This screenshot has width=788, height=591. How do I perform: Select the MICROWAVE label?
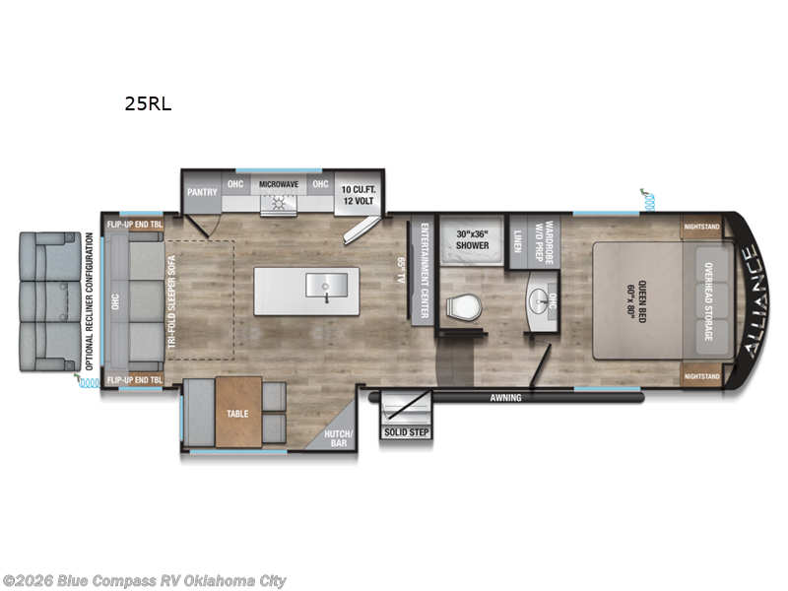278,185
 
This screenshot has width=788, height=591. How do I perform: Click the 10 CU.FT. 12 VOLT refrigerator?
360,193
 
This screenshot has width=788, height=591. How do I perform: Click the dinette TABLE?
237,415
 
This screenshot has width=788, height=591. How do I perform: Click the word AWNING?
508,398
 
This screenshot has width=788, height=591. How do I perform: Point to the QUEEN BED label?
639,301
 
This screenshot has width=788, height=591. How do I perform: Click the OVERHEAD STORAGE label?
707,301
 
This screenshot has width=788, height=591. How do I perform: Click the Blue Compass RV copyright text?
145,581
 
